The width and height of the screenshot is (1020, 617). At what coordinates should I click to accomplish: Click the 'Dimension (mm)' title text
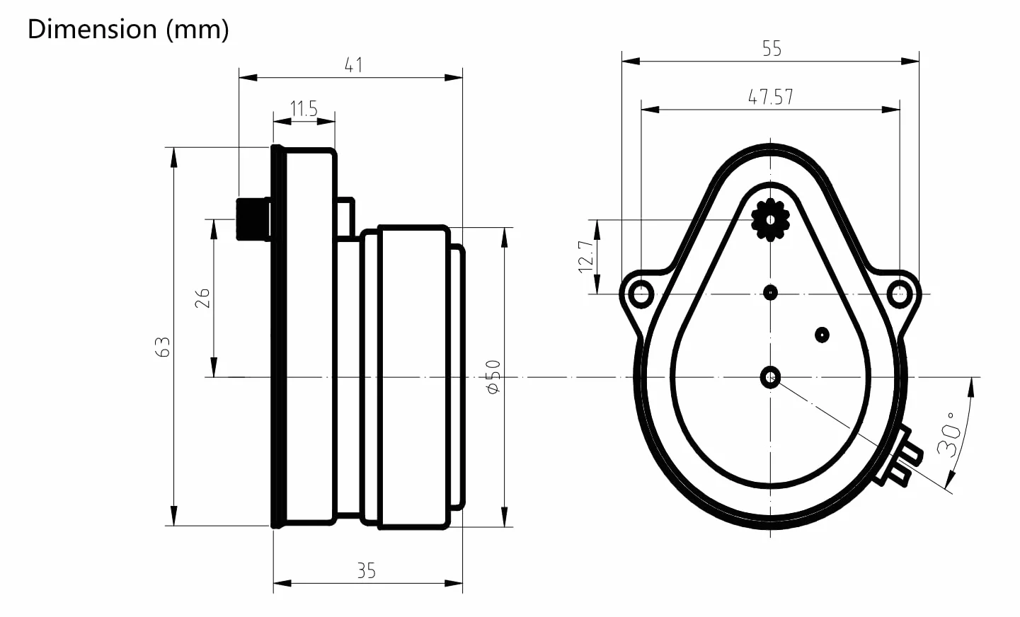pos(128,29)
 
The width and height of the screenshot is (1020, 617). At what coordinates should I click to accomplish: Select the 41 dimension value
pos(353,65)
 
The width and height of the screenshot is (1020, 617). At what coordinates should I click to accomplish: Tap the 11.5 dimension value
pos(304,109)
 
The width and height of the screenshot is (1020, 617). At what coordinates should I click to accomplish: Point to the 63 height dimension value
pos(163,347)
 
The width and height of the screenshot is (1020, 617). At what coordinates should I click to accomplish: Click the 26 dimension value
pos(202,298)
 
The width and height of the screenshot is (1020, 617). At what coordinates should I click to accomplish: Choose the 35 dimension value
pos(366,570)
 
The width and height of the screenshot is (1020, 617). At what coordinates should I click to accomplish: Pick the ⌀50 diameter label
pos(493,376)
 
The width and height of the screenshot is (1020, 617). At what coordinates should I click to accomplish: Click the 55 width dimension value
pos(772,49)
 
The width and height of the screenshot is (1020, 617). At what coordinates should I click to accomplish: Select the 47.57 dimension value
pos(770,97)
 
